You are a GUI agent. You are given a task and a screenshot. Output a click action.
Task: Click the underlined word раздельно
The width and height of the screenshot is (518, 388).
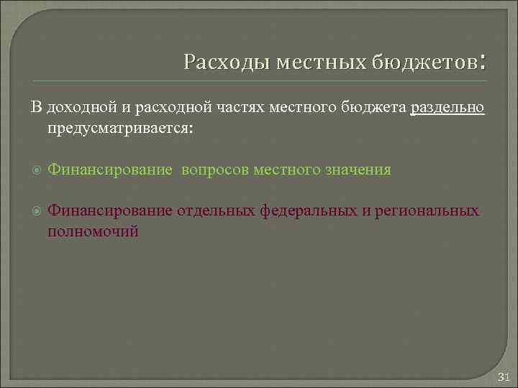pos(447,108)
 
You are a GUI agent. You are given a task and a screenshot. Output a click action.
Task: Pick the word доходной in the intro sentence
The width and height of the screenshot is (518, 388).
pos(77,108)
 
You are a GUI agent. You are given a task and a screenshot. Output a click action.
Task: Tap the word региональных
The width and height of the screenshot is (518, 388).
pos(428,211)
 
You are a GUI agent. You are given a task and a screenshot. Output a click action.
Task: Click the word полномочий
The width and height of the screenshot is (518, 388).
pos(92,231)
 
